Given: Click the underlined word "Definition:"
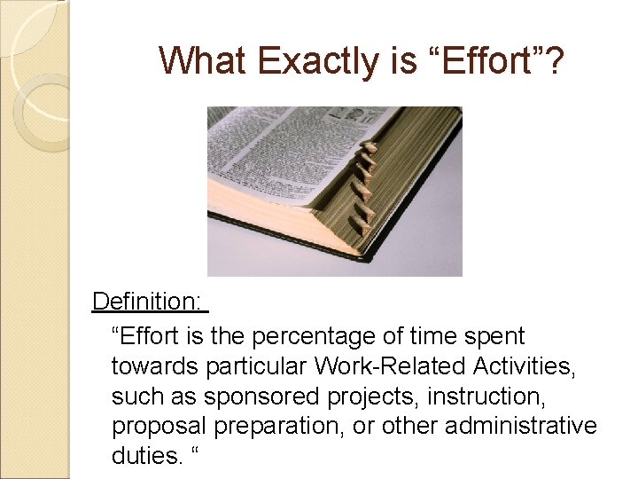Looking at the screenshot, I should [x=146, y=302].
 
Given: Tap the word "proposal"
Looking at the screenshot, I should [x=152, y=427].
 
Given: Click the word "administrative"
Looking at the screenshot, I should [x=521, y=427].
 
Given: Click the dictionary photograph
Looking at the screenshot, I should [x=334, y=191].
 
